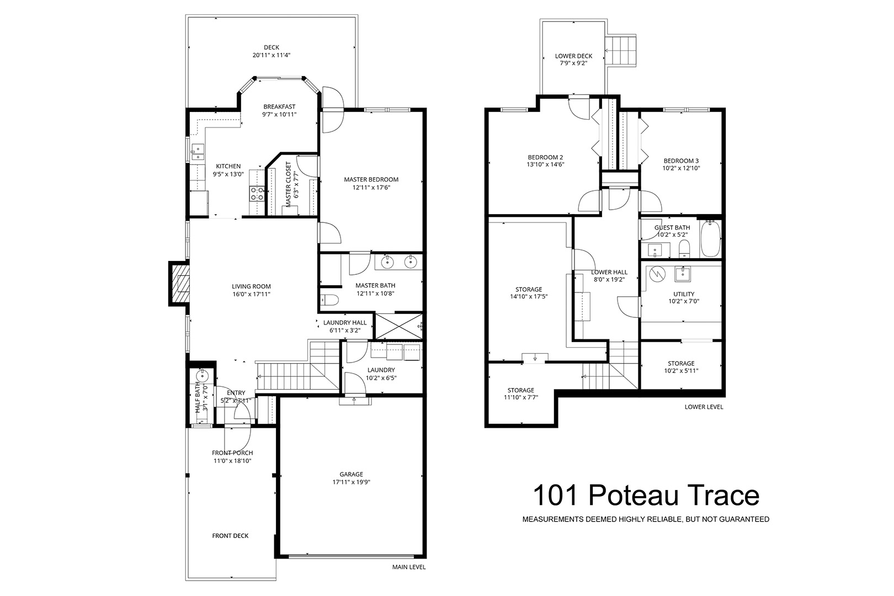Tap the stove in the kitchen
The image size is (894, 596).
pos(257,194)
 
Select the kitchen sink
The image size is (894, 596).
pos(197,152)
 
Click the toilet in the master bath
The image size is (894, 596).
pos(329,300)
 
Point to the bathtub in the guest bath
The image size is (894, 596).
pos(711,238)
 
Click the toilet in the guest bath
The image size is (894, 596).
pos(684,249)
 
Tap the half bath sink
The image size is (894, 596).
pos(203,375)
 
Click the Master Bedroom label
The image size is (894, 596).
pos(371,180)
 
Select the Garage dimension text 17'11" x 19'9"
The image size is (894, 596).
pos(351,482)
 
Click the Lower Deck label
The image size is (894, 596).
pos(573,56)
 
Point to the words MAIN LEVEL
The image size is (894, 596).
pos(409,567)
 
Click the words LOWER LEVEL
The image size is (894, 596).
pos(704,407)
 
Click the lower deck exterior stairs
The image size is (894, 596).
pos(621,51)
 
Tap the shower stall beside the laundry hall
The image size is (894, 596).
pos(398,327)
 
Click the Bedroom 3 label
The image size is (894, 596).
pos(681,161)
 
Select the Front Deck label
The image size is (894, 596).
pos(230,536)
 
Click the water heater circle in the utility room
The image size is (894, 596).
pos(657,274)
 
